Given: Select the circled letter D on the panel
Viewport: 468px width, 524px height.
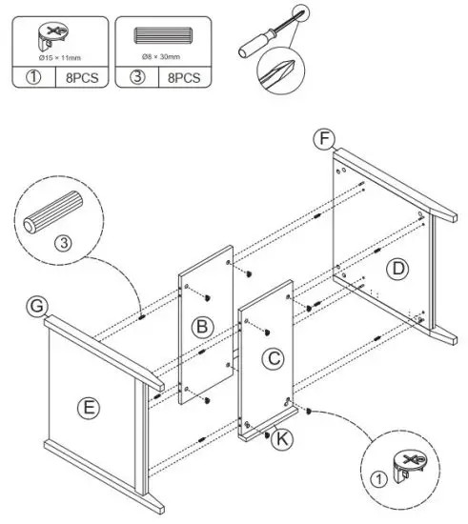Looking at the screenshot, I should pyautogui.click(x=398, y=270).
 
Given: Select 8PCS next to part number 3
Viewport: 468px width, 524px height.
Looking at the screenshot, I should pyautogui.click(x=183, y=77).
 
